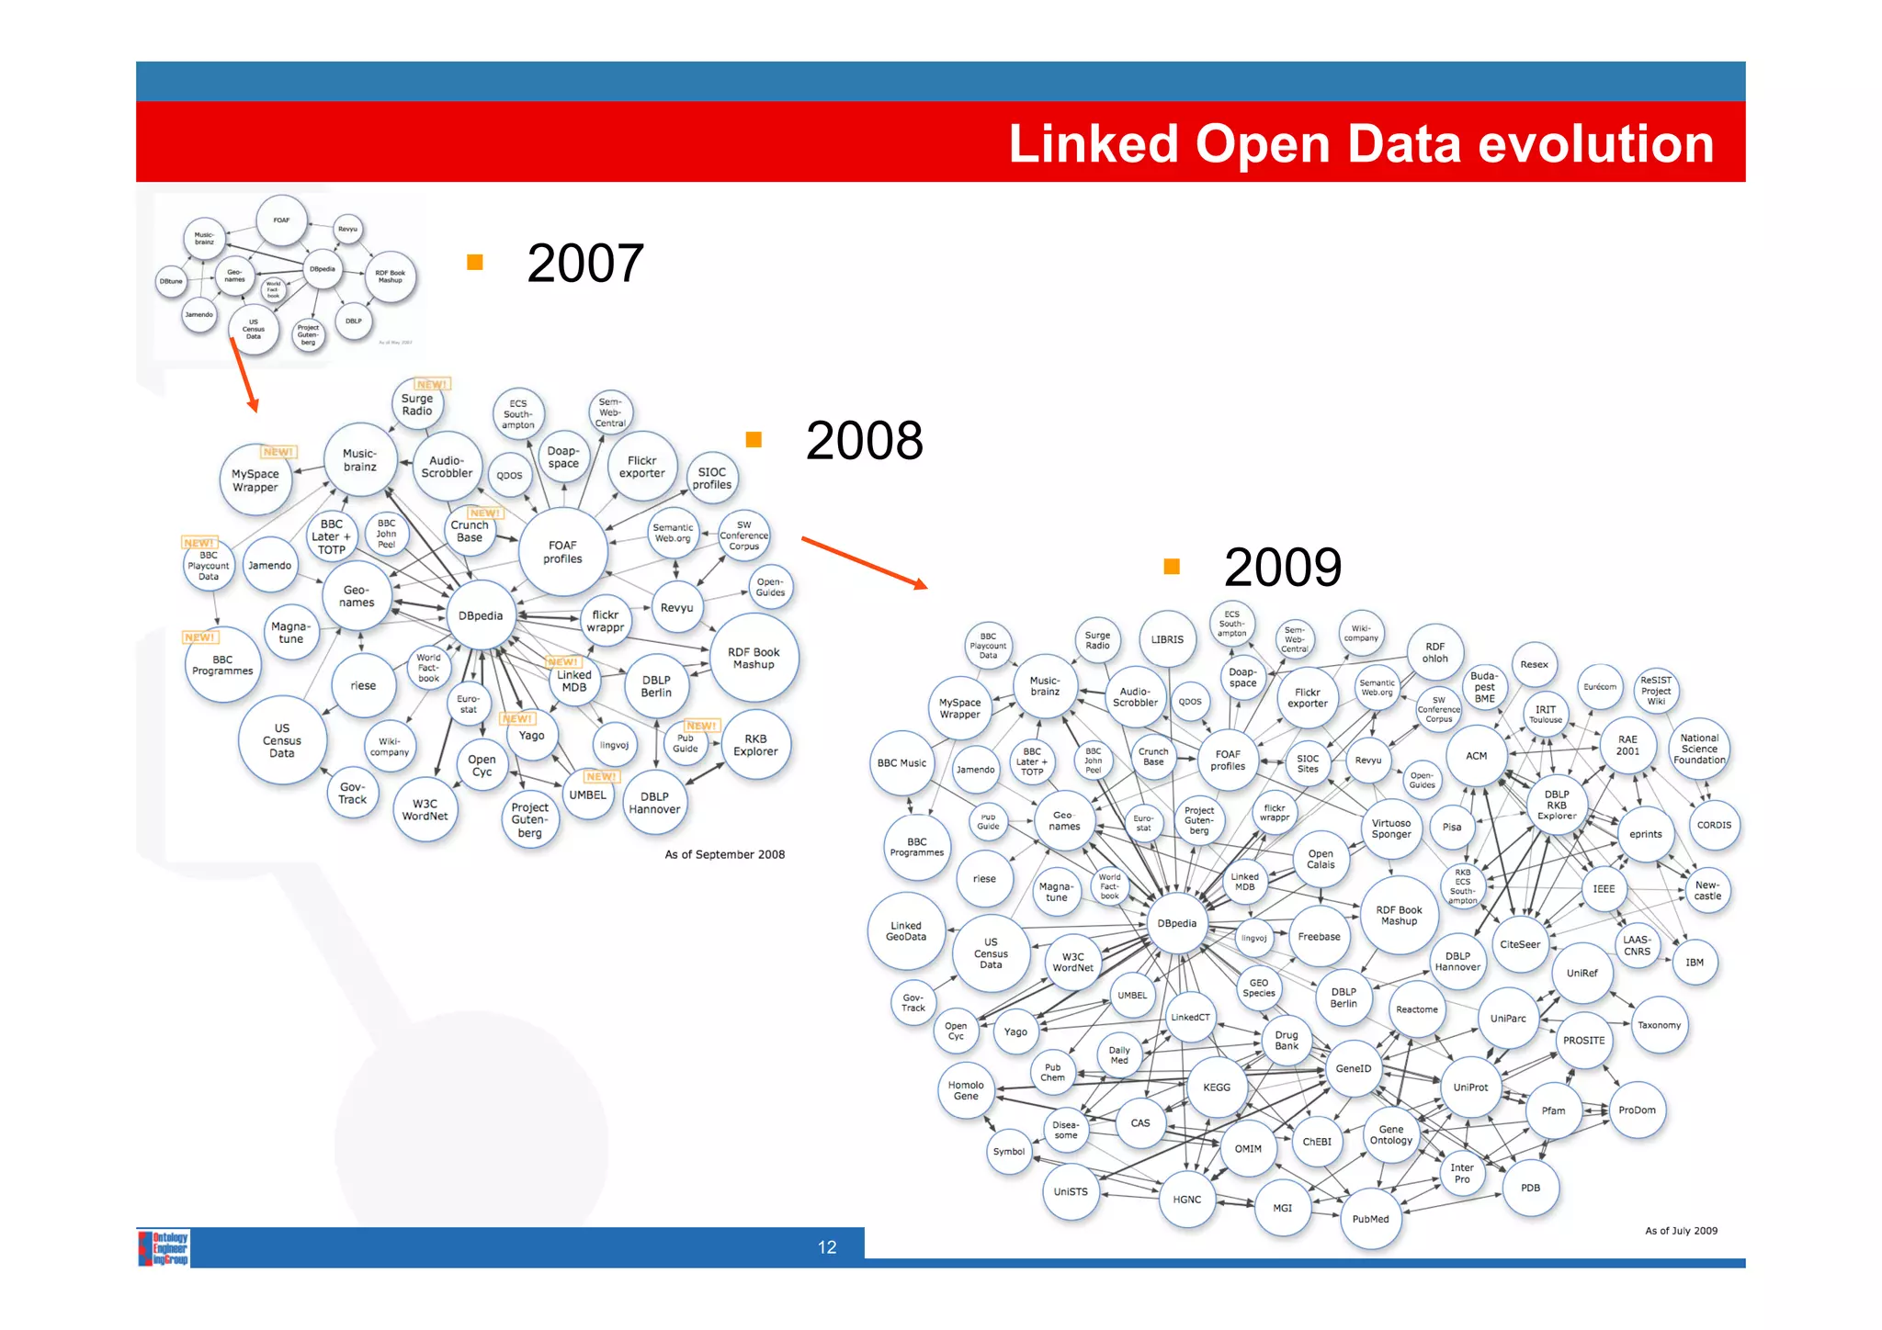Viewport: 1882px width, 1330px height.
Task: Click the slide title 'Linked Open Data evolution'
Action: [1360, 144]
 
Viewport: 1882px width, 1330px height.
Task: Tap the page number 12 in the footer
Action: [827, 1247]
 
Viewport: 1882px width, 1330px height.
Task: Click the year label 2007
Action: [585, 264]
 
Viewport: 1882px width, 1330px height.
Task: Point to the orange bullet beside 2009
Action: [1172, 567]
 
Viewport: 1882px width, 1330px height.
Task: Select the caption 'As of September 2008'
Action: [724, 855]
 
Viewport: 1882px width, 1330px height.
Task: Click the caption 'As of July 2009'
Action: [1681, 1231]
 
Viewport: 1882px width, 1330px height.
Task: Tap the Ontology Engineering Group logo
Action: [164, 1248]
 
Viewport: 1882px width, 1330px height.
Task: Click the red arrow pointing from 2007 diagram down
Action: [244, 376]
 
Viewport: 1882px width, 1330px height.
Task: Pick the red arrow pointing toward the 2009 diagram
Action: [864, 562]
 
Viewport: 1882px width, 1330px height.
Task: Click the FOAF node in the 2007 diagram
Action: [281, 220]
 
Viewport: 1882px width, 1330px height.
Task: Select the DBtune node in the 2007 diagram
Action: [172, 281]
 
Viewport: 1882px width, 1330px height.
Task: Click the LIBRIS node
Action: [1167, 639]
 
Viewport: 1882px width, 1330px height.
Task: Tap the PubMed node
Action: [1370, 1219]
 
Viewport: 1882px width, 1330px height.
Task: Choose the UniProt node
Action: [1470, 1088]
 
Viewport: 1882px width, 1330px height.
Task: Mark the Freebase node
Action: [1319, 937]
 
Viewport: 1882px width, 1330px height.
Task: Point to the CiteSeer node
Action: [1520, 944]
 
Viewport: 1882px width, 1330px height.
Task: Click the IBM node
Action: [1695, 963]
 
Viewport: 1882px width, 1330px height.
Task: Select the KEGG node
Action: [1217, 1088]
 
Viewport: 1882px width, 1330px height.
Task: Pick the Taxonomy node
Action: [1659, 1025]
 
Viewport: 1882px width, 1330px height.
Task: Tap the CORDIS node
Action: [1714, 825]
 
